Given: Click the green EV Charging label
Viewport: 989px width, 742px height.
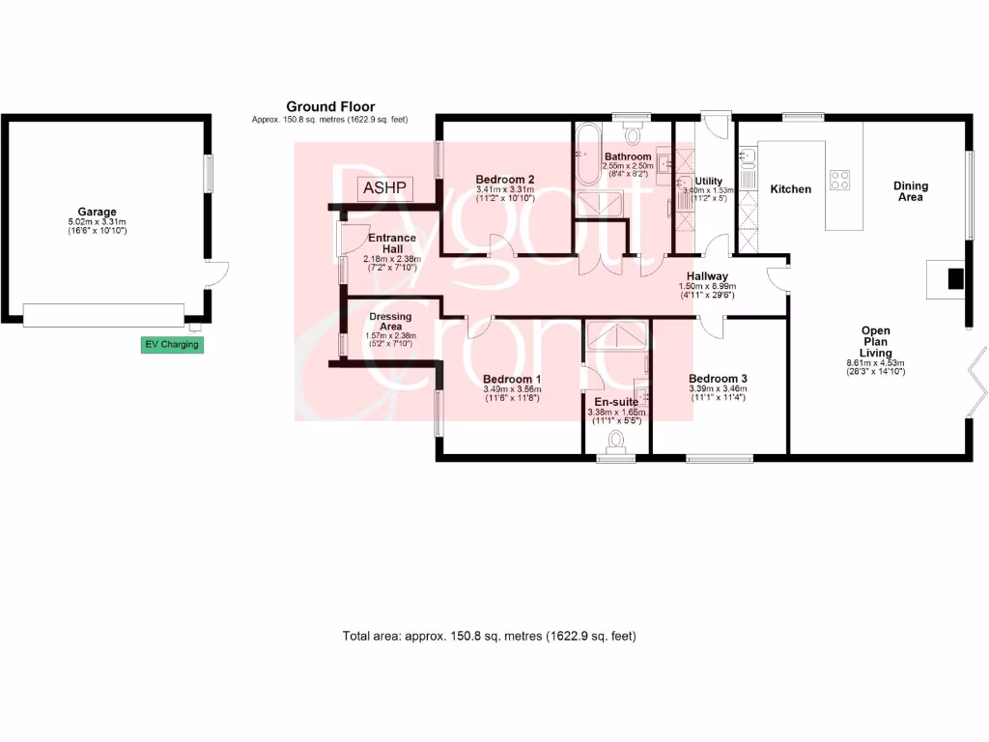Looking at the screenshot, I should point(173,345).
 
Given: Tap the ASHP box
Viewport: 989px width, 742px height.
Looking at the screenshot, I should point(385,188).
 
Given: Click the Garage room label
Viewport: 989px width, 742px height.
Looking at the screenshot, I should point(98,212).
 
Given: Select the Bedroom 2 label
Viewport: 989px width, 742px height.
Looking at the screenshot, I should point(505,179).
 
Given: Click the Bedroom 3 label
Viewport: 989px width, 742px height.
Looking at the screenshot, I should point(718,379).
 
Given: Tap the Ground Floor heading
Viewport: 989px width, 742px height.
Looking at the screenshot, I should point(330,106).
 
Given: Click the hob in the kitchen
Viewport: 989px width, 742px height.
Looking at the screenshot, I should point(839,179).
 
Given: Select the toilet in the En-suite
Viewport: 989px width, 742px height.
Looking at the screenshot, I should point(616,442).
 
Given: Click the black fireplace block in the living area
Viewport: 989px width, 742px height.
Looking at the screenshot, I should point(954,278).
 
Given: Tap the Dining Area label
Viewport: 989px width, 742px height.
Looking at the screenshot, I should point(910,191).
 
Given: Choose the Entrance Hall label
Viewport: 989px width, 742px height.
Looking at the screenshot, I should point(392,243).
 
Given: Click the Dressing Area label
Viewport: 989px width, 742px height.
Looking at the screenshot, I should point(390,322).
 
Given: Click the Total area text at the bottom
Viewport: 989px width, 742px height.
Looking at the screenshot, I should point(489,636).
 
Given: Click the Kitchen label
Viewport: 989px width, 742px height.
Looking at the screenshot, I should point(790,189).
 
